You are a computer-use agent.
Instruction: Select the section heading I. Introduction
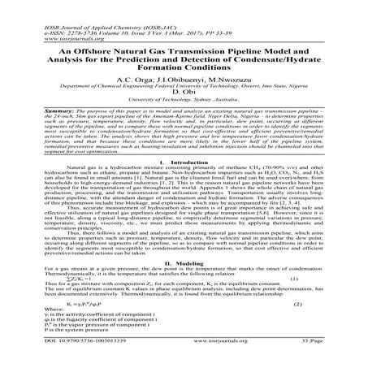pyautogui.click(x=184, y=184)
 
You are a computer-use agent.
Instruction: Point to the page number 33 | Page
pyautogui.click(x=322, y=362)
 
